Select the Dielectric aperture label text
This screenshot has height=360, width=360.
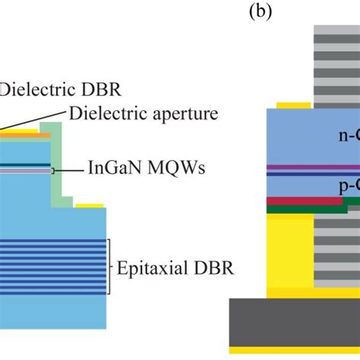[144, 114]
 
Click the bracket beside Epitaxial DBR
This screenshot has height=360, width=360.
[110, 267]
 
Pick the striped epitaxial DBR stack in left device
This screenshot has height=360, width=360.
[53, 266]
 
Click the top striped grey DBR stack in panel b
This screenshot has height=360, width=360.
[335, 61]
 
